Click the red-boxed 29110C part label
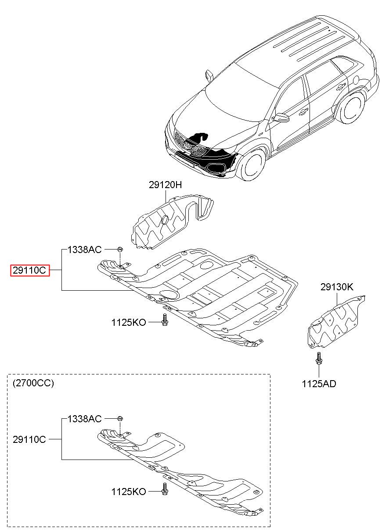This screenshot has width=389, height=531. [30, 270]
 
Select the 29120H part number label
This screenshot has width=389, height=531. [165, 185]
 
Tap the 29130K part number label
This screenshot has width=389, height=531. [337, 287]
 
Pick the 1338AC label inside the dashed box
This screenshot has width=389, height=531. [85, 419]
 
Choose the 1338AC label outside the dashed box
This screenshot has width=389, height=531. [85, 249]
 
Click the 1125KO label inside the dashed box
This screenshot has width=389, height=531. [129, 492]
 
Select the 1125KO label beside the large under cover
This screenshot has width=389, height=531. [129, 322]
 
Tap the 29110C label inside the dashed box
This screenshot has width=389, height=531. [29, 439]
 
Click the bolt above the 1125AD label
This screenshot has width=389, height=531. [319, 360]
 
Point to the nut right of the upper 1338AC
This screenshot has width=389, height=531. [120, 249]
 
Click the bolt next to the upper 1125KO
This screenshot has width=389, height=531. [165, 320]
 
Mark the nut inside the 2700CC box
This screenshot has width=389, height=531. [120, 419]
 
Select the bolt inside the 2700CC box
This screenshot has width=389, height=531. [165, 489]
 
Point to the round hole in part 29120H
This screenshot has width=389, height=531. [165, 220]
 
